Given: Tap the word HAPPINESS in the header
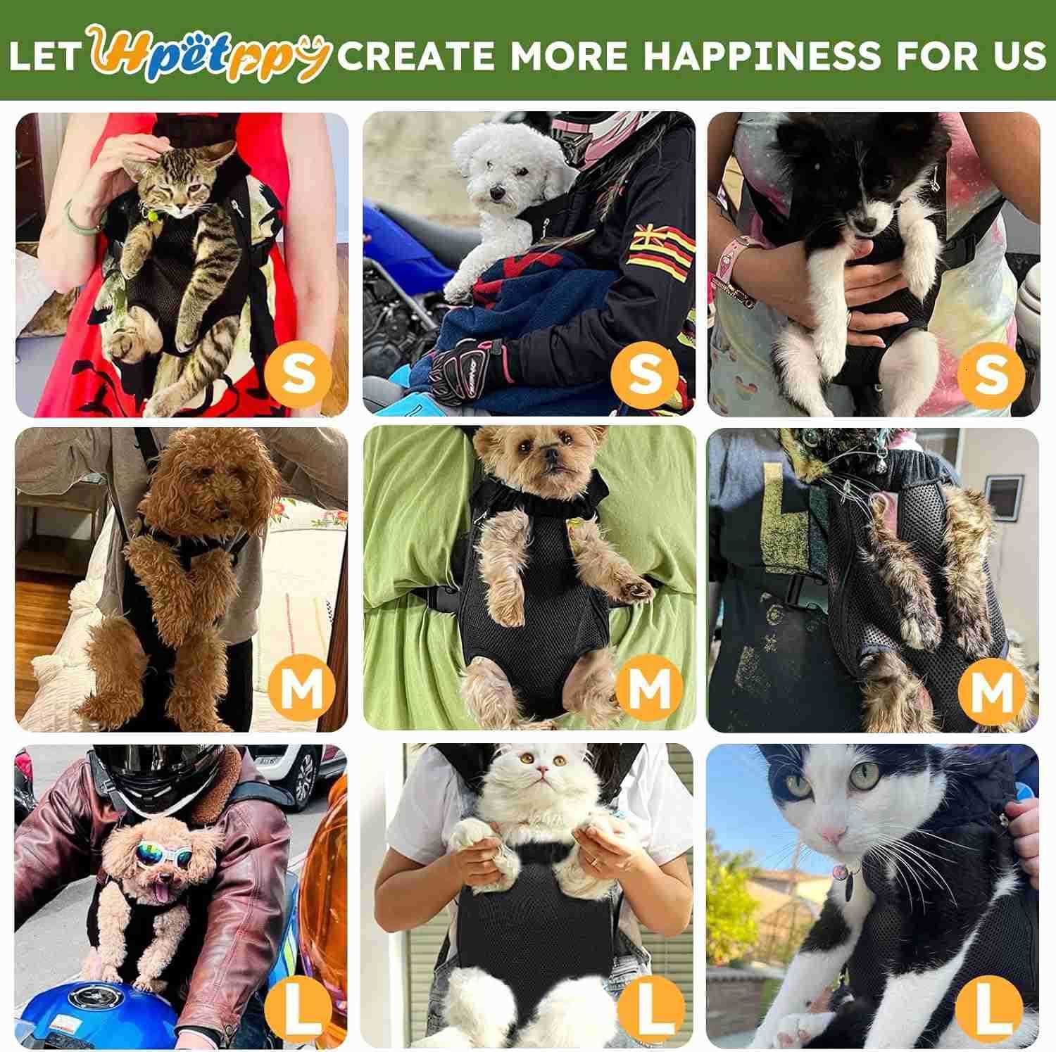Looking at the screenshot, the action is [762, 55].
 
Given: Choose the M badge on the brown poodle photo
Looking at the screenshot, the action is [301, 690].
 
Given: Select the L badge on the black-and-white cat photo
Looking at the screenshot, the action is [991, 1007].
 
